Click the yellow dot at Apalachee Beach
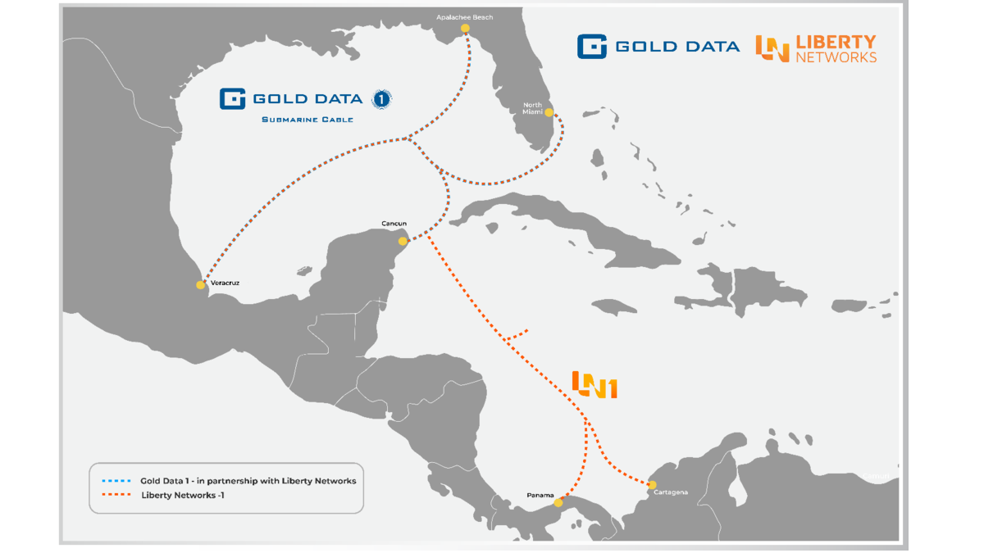465,29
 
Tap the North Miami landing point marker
549,112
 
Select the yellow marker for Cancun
403,241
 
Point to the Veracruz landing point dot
201,285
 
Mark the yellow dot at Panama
558,503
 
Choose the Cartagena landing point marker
653,485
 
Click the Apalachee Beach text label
465,16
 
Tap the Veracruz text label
225,283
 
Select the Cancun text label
394,224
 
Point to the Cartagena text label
671,492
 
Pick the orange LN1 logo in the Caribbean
594,384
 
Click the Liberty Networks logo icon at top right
772,48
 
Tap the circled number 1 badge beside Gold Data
381,99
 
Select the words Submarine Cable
307,120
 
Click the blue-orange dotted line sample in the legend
115,481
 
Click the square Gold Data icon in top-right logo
591,47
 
